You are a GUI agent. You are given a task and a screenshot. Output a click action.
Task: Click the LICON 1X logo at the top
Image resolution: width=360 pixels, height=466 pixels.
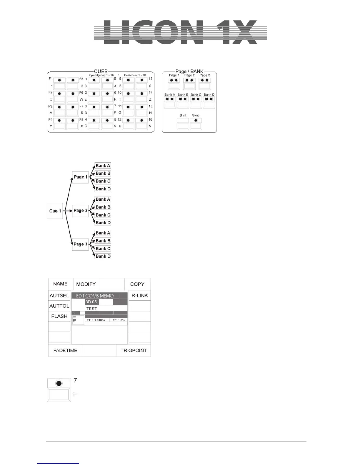click(x=180, y=32)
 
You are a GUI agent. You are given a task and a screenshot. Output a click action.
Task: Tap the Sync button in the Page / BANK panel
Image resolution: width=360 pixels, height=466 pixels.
click(x=196, y=124)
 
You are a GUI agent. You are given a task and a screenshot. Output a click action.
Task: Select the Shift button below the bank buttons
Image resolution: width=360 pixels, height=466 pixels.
click(x=183, y=124)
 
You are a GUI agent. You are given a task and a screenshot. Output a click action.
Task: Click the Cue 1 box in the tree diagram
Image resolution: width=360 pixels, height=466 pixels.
click(x=55, y=211)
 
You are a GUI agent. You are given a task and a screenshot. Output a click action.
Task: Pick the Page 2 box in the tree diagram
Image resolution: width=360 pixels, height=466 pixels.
click(x=80, y=211)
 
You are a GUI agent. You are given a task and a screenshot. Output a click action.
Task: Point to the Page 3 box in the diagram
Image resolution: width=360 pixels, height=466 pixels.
click(x=80, y=244)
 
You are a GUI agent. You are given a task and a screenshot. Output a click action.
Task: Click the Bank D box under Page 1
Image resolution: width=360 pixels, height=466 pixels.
click(x=103, y=189)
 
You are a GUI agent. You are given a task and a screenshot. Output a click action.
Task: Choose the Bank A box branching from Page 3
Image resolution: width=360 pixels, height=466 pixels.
click(x=103, y=233)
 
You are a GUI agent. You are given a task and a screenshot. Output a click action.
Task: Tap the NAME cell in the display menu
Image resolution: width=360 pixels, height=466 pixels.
click(x=60, y=284)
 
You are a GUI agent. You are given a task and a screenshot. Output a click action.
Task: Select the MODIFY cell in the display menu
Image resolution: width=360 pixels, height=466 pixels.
click(x=86, y=284)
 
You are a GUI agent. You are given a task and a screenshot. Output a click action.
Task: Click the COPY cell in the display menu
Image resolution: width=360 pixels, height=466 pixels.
click(x=137, y=284)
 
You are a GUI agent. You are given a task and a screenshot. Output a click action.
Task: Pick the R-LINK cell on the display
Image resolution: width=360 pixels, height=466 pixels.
click(x=140, y=295)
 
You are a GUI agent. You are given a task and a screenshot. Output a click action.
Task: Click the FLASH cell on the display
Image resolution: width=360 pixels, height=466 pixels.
click(x=59, y=316)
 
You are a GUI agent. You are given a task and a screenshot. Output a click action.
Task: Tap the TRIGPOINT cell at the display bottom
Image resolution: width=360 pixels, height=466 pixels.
click(x=134, y=350)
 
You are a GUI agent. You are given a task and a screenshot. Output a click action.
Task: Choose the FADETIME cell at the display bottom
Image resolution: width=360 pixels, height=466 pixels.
click(x=65, y=350)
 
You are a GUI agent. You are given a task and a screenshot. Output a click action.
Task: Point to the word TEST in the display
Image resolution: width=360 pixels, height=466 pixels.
click(x=92, y=309)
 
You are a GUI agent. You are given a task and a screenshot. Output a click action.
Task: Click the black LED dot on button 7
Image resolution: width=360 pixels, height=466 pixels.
click(x=59, y=383)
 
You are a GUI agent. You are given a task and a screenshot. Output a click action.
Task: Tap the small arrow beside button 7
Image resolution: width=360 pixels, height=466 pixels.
click(x=75, y=394)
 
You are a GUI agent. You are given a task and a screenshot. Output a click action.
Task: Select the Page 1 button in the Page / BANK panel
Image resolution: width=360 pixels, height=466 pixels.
click(x=174, y=84)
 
